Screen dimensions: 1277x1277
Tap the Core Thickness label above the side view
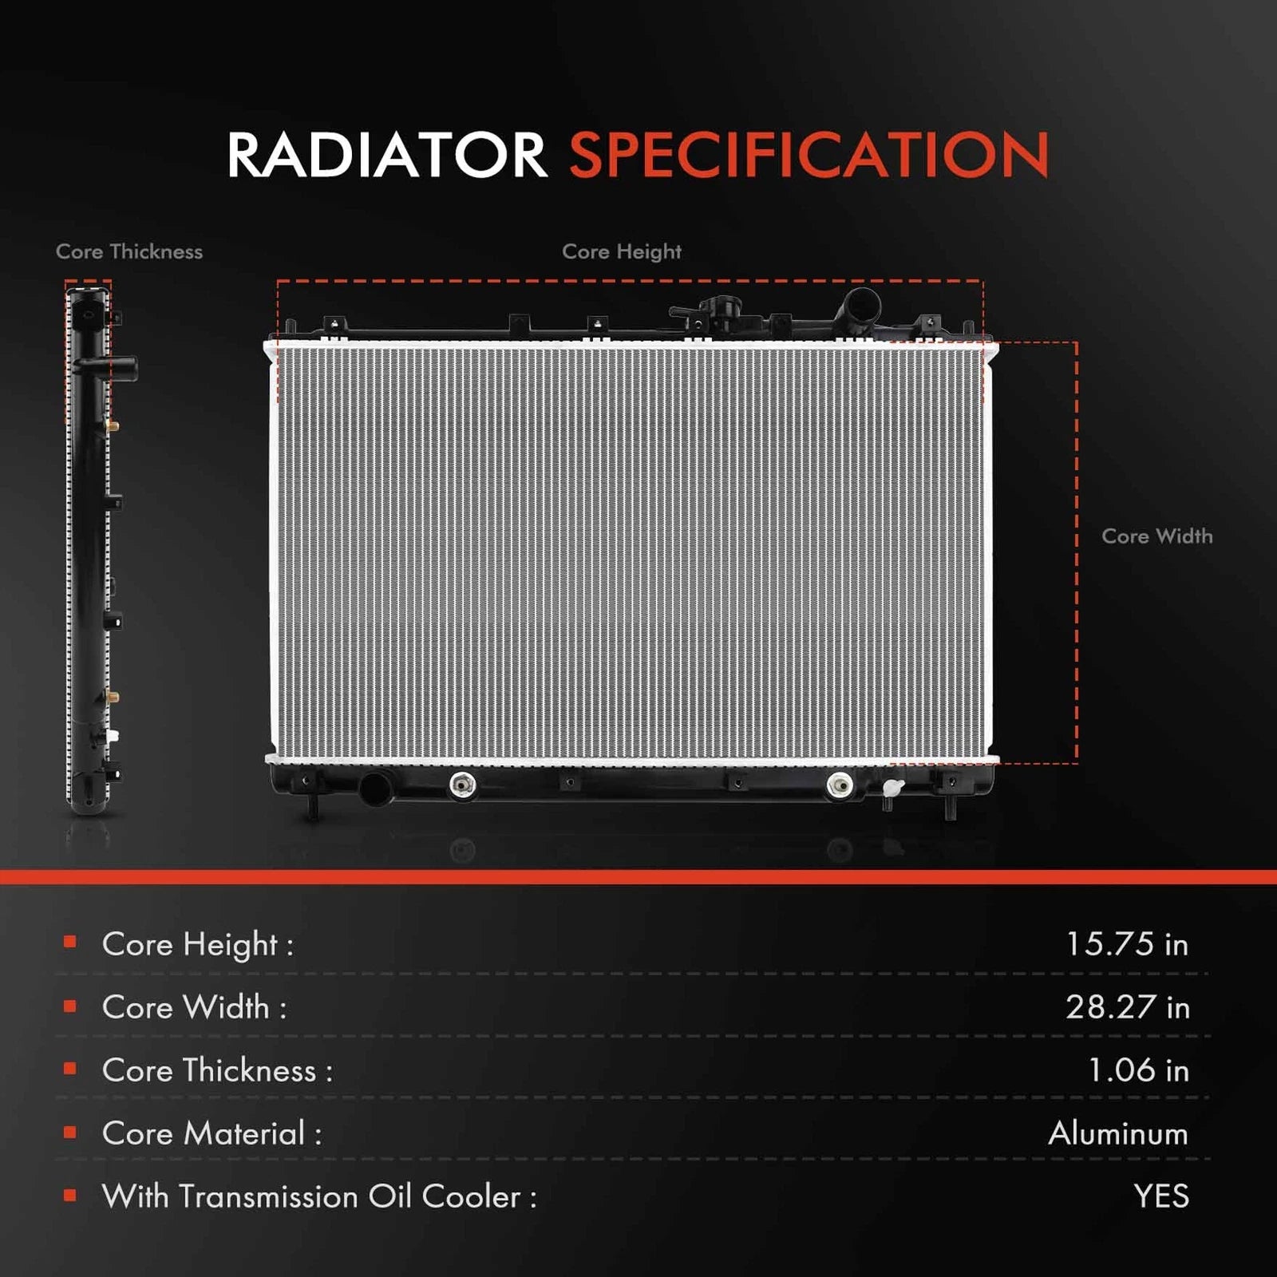click(x=129, y=251)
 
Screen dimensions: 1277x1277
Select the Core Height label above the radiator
click(x=622, y=252)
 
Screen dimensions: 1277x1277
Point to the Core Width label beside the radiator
click(x=1157, y=536)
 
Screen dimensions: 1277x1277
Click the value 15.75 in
click(x=1127, y=944)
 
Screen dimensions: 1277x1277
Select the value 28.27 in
click(x=1128, y=1007)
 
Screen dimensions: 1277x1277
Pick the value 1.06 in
click(x=1139, y=1070)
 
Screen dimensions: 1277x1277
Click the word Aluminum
click(x=1118, y=1133)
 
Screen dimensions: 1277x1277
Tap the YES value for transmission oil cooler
click(x=1161, y=1196)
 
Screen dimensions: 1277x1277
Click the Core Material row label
click(x=212, y=1133)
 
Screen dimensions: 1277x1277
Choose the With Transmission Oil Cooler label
click(x=319, y=1196)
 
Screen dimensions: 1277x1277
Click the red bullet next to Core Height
click(x=70, y=943)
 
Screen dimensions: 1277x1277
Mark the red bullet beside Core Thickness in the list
click(x=70, y=1069)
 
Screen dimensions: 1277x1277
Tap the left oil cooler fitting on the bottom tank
click(x=463, y=785)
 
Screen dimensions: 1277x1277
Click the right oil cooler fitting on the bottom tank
click(x=840, y=785)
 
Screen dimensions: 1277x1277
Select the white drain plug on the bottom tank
click(x=892, y=789)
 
